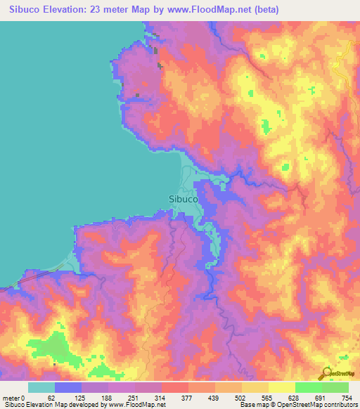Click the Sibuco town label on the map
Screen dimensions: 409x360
point(184,198)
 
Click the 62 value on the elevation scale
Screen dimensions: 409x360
point(51,398)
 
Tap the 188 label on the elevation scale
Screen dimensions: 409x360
point(105,398)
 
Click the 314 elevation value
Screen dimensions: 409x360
point(160,398)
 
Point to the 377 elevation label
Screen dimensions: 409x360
point(188,398)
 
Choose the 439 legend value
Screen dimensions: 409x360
point(215,398)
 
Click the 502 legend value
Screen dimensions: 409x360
point(243,398)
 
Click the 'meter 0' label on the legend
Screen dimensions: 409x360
point(13,398)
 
